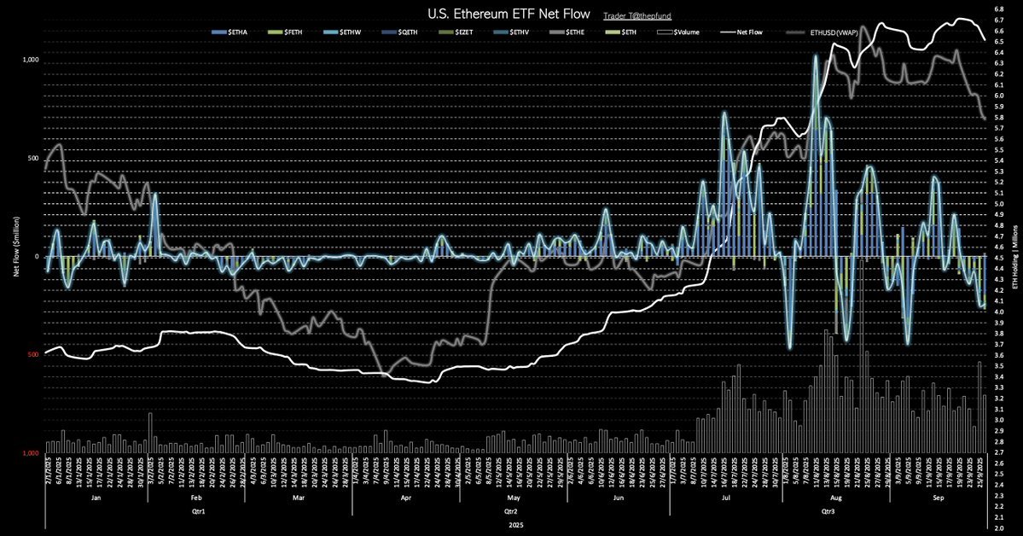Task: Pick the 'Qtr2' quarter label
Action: click(x=510, y=513)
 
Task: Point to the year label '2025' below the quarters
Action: click(x=510, y=527)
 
